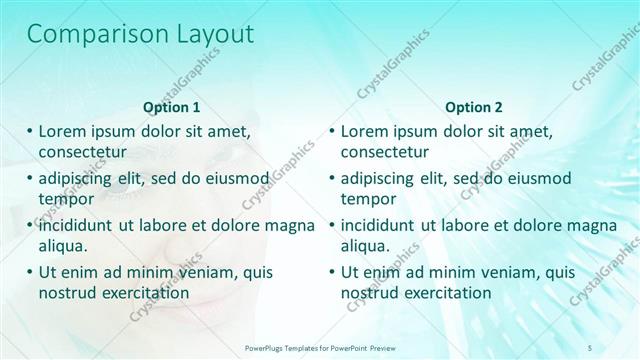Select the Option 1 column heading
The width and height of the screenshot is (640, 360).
(172, 107)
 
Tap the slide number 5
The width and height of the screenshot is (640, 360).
(590, 346)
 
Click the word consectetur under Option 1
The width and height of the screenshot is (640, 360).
(82, 153)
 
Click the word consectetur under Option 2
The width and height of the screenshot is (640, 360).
(385, 153)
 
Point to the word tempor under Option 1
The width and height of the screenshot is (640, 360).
(65, 199)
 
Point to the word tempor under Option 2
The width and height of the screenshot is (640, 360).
(368, 199)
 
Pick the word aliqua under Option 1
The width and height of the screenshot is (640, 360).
(63, 246)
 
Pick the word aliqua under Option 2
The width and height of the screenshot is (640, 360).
(366, 246)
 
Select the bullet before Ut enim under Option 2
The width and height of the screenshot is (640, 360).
(333, 272)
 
